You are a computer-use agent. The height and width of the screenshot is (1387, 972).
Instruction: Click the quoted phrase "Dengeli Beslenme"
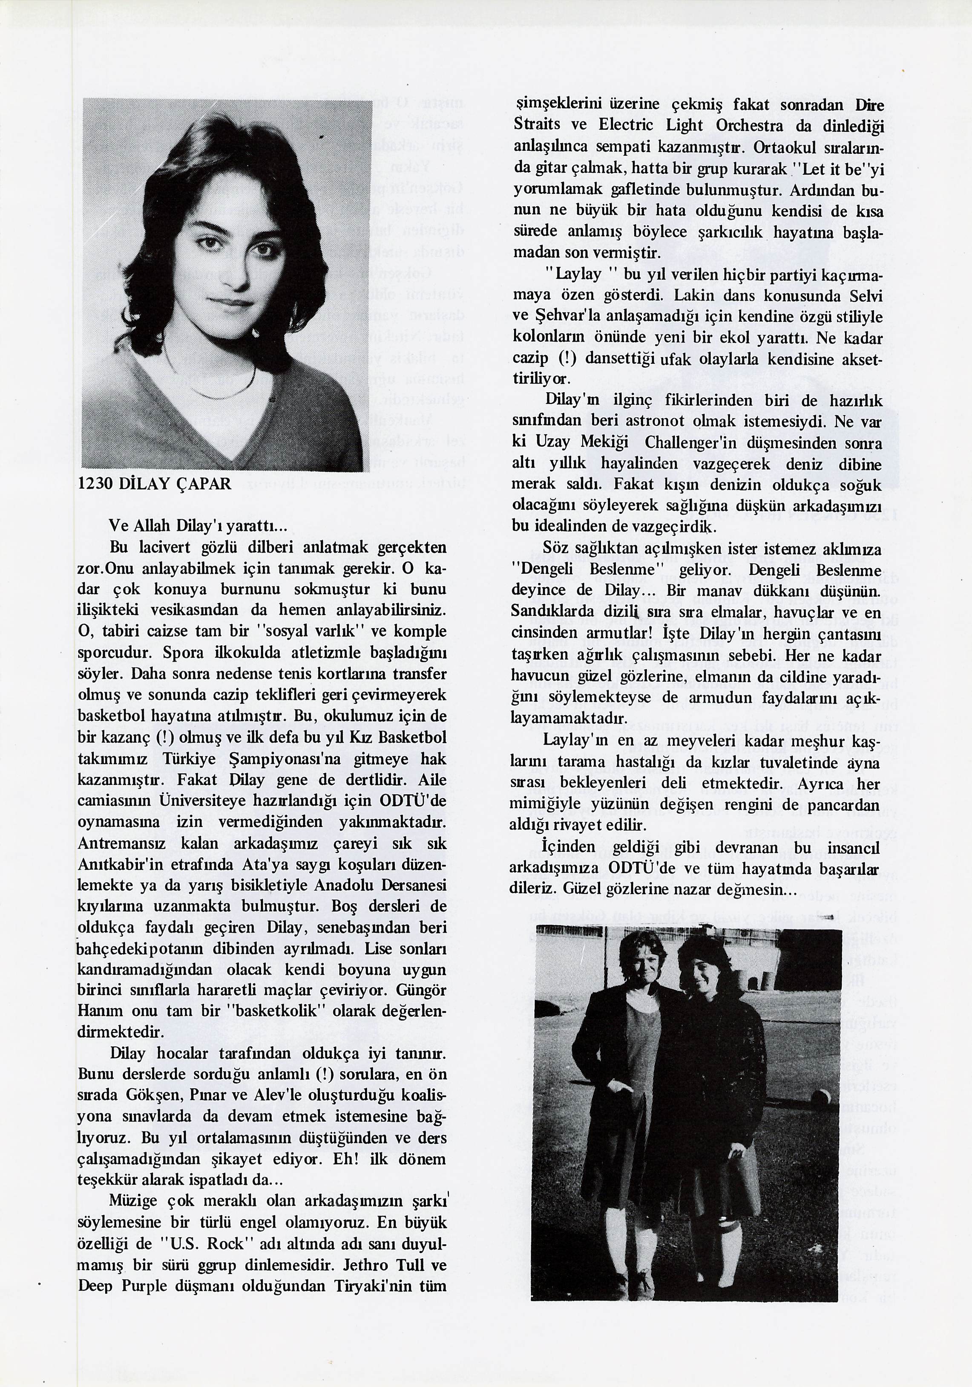tap(583, 569)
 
